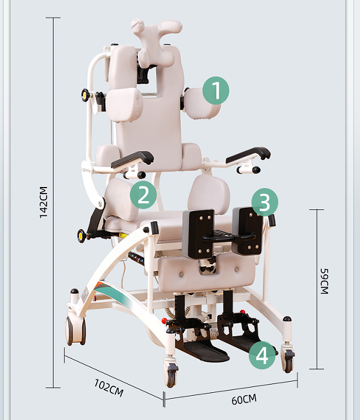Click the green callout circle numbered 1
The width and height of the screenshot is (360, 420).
click(x=216, y=91)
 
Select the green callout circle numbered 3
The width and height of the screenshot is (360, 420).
click(x=265, y=202)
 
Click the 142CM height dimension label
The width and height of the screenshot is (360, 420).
click(x=44, y=202)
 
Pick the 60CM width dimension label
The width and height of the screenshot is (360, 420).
click(x=244, y=399)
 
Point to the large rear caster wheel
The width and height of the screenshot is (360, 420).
click(x=77, y=332)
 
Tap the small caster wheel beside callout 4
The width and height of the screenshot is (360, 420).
click(x=288, y=359)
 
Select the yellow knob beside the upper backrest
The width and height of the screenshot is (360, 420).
click(x=86, y=94)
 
